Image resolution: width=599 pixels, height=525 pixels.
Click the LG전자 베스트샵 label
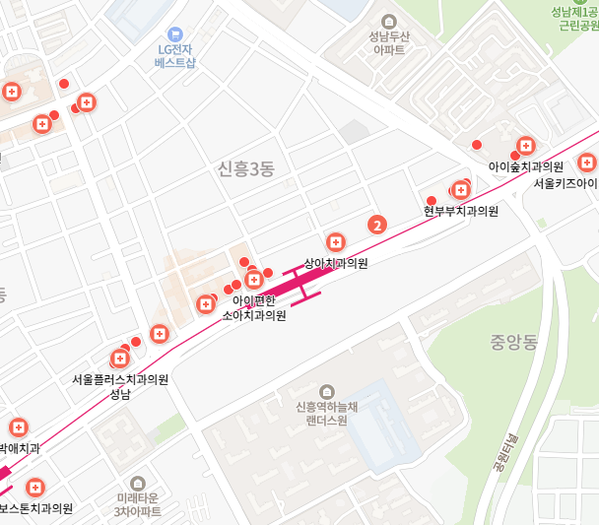pyautogui.click(x=175, y=55)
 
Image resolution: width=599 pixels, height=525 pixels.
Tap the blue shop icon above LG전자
pyautogui.click(x=176, y=33)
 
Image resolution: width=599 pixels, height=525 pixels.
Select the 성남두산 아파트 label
pyautogui.click(x=388, y=44)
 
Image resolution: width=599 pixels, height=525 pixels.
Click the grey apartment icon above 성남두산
pyautogui.click(x=388, y=22)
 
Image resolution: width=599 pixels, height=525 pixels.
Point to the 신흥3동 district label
pyautogui.click(x=245, y=169)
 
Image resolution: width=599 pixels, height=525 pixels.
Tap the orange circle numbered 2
pyautogui.click(x=375, y=225)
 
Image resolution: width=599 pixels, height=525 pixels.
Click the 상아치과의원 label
pyautogui.click(x=336, y=264)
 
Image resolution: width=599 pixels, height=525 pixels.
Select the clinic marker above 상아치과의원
pyautogui.click(x=336, y=242)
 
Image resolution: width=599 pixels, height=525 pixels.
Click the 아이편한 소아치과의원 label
pyautogui.click(x=254, y=308)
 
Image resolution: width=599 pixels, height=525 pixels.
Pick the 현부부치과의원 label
pyautogui.click(x=461, y=211)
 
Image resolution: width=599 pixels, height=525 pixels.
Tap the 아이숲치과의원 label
pyautogui.click(x=525, y=167)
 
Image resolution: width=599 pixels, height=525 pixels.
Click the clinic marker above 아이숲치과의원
pyautogui.click(x=526, y=147)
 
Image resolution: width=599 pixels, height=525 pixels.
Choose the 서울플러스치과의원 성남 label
pyautogui.click(x=120, y=386)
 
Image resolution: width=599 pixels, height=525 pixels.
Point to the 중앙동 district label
pyautogui.click(x=513, y=343)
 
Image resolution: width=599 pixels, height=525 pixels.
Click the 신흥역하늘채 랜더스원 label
pyautogui.click(x=327, y=413)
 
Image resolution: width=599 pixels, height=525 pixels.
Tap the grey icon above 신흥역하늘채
pyautogui.click(x=327, y=391)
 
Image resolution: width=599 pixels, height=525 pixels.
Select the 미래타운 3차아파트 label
pyautogui.click(x=138, y=505)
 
